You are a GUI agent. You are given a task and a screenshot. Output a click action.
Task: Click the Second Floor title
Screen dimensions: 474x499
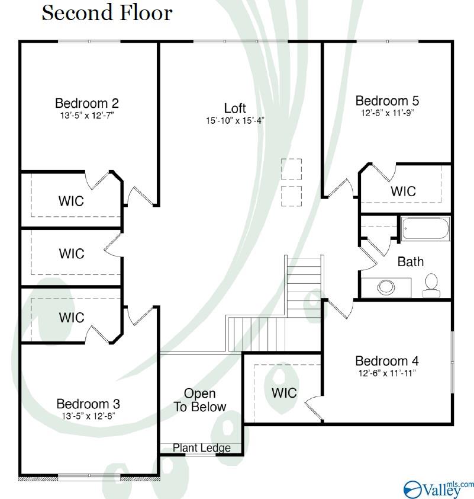pyautogui.click(x=107, y=14)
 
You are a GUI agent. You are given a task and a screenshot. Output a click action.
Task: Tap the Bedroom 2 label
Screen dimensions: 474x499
pyautogui.click(x=87, y=103)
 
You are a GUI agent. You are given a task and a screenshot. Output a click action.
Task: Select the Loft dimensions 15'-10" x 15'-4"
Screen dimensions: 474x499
pyautogui.click(x=235, y=121)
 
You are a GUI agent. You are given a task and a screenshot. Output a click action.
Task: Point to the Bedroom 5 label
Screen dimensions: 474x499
pyautogui.click(x=387, y=101)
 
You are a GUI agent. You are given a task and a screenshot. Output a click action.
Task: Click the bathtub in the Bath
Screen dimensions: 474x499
pyautogui.click(x=425, y=229)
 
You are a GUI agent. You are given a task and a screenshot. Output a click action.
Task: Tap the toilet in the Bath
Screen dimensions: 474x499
pyautogui.click(x=431, y=285)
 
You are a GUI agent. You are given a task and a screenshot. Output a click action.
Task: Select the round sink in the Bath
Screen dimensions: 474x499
pyautogui.click(x=386, y=287)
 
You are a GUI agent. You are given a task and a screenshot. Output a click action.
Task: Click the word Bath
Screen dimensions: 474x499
pyautogui.click(x=411, y=261)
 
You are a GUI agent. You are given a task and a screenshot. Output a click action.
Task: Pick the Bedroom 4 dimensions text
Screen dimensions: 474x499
pyautogui.click(x=387, y=373)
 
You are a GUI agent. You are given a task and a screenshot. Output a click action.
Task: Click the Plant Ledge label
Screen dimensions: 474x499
pyautogui.click(x=202, y=448)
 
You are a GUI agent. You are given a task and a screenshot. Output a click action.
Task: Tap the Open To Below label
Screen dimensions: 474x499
pyautogui.click(x=200, y=400)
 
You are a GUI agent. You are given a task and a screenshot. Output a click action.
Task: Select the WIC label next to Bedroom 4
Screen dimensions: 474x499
pyautogui.click(x=284, y=393)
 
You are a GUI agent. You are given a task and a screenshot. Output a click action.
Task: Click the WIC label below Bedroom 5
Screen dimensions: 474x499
pyautogui.click(x=403, y=191)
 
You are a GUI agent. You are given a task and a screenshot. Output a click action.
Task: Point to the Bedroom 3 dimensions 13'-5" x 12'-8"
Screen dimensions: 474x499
pyautogui.click(x=88, y=416)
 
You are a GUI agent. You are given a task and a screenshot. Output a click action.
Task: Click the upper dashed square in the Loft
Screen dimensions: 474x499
pyautogui.click(x=291, y=169)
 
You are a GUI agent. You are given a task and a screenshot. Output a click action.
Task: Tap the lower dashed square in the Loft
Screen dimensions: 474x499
pyautogui.click(x=291, y=196)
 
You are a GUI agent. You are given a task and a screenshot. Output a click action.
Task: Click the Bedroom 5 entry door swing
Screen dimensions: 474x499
pyautogui.click(x=341, y=188)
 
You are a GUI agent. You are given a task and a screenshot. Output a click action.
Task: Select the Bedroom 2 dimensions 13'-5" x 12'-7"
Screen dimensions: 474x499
pyautogui.click(x=87, y=115)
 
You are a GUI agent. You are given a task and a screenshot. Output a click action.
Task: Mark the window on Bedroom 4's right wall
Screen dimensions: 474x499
pyautogui.click(x=453, y=362)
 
